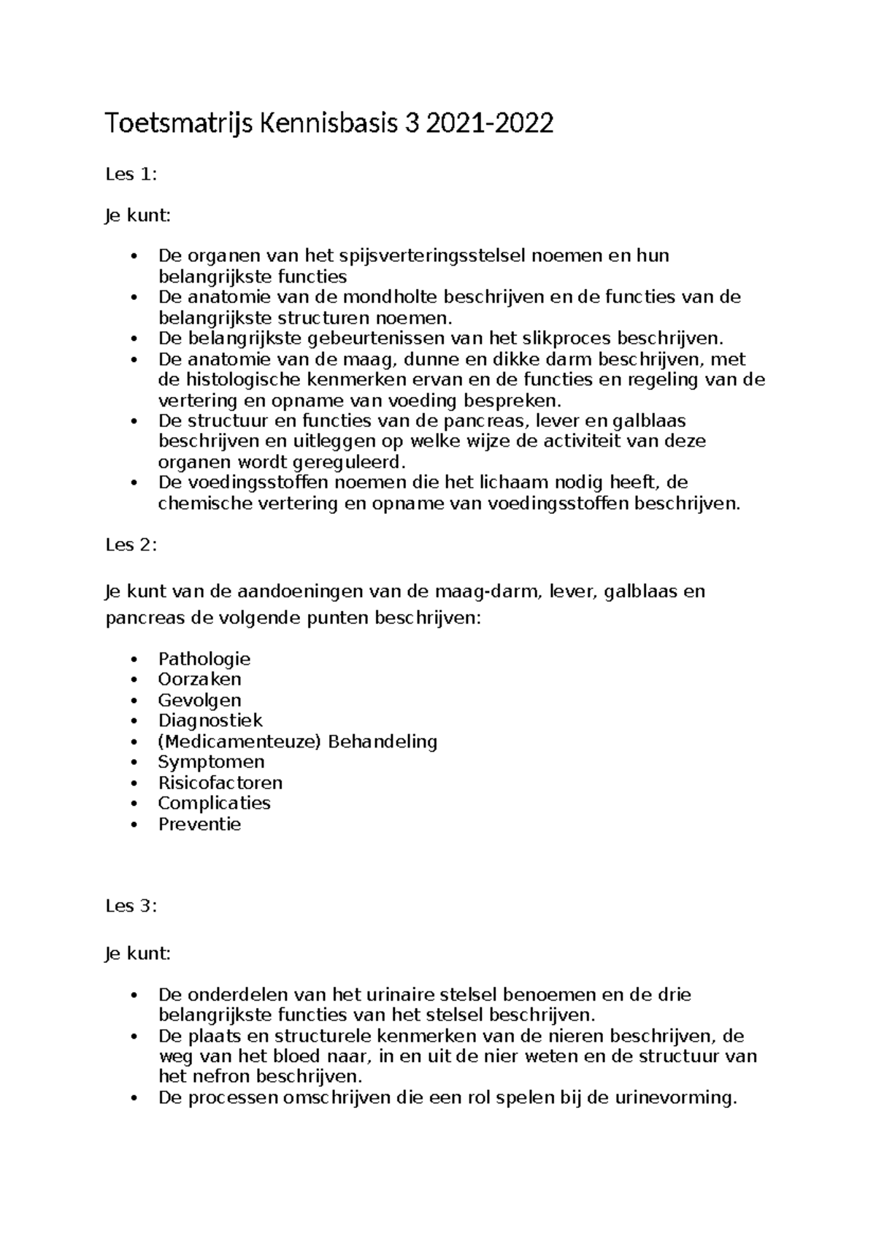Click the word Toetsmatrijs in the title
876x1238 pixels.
178,125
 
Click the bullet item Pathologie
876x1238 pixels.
204,659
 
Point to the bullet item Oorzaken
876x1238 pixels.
199,680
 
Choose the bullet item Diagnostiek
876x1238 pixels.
210,720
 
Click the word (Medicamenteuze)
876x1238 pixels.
239,742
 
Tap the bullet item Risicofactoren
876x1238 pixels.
220,783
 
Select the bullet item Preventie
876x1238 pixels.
199,825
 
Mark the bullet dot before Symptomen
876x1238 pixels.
133,763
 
